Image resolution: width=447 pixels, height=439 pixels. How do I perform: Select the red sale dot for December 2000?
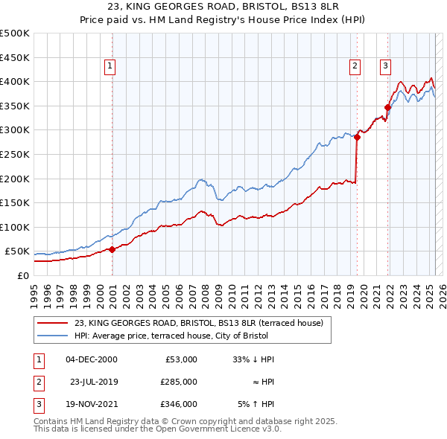tap(112, 250)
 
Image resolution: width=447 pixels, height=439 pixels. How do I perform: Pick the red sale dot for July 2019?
tap(358, 137)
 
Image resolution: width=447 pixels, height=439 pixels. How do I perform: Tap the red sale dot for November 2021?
tap(388, 107)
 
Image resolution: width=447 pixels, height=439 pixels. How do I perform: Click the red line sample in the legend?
tap(54, 323)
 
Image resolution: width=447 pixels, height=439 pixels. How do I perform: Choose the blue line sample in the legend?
tap(54, 335)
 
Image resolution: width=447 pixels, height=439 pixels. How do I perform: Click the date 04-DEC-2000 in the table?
tap(92, 359)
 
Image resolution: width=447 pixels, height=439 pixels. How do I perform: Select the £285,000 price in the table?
tap(180, 382)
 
